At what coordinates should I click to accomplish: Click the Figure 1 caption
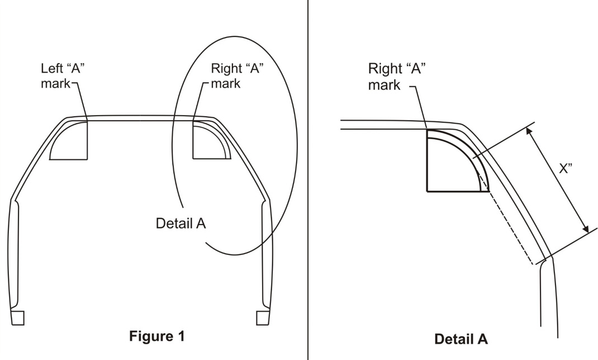click(156, 336)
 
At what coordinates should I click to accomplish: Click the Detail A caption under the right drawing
click(461, 339)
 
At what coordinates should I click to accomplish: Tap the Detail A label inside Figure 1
click(181, 223)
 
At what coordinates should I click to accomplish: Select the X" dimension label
click(566, 168)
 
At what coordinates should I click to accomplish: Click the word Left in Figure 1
click(52, 69)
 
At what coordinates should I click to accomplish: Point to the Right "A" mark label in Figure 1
click(237, 76)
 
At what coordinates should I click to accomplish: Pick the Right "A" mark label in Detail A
click(397, 76)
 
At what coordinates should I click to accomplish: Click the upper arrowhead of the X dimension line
click(529, 132)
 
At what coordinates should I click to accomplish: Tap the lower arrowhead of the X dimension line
click(585, 228)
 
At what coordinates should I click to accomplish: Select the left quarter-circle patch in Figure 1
click(69, 140)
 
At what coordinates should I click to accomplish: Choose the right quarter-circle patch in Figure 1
click(212, 140)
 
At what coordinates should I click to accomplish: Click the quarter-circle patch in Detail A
click(458, 160)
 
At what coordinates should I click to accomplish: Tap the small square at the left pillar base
click(17, 318)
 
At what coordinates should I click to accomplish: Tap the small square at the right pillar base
click(263, 318)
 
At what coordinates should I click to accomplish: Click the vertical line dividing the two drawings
click(307, 180)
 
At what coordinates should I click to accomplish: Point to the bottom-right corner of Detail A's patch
click(489, 191)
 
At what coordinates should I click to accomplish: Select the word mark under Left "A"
click(56, 83)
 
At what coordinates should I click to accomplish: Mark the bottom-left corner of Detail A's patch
click(427, 191)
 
